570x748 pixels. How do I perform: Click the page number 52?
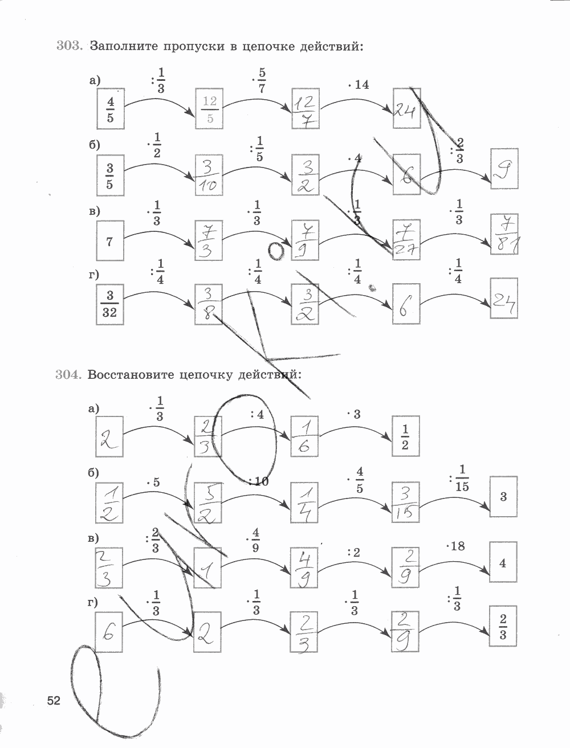point(54,700)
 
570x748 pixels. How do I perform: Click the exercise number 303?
point(70,46)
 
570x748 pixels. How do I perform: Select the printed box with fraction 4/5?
point(111,109)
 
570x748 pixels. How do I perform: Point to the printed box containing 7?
point(110,241)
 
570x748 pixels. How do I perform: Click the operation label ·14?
point(358,85)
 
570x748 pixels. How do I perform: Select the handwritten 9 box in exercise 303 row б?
point(504,169)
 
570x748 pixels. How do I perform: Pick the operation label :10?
point(258,481)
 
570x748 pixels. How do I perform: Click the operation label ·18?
point(455,546)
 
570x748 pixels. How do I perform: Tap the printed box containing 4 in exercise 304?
point(503,563)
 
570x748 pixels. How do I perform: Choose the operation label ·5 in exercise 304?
point(153,483)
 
